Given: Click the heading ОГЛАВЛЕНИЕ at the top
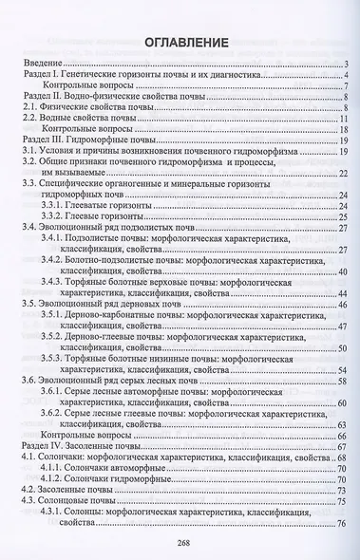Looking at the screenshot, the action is [x=179, y=43].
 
